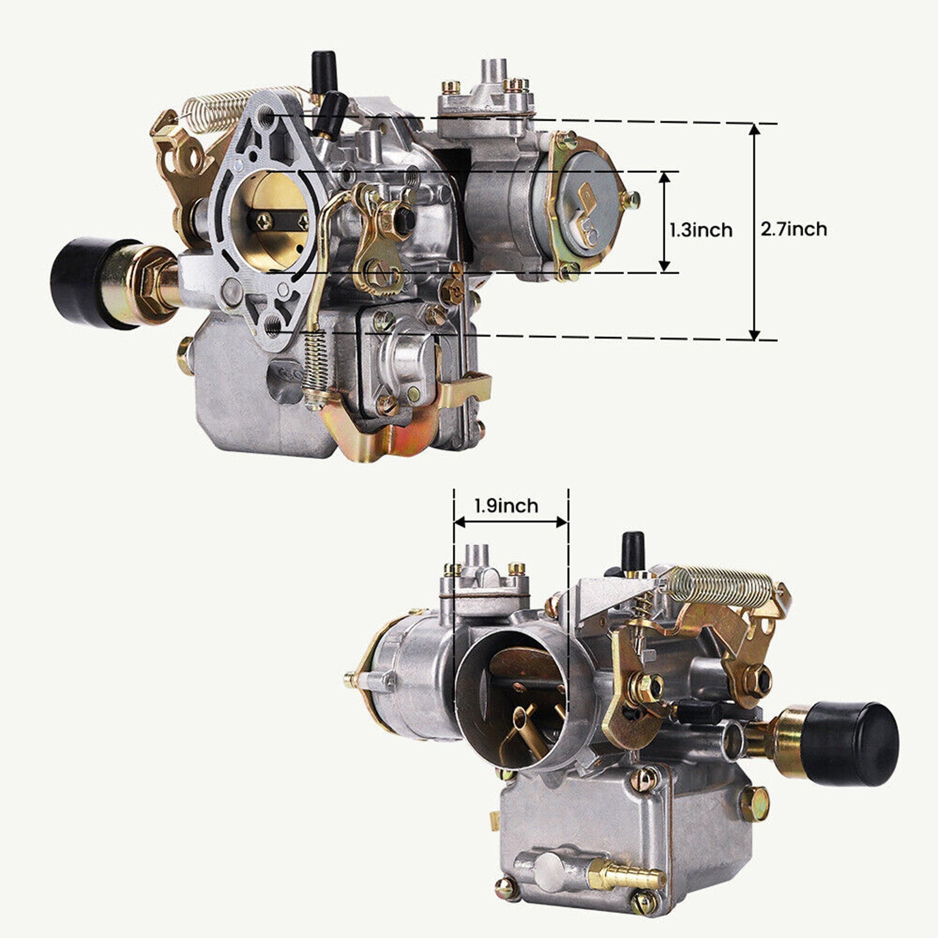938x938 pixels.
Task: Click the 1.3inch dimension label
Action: tap(701, 230)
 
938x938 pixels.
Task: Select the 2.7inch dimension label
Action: tap(794, 229)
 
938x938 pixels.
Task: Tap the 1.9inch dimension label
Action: tap(506, 505)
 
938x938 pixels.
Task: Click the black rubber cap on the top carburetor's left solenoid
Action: tap(82, 282)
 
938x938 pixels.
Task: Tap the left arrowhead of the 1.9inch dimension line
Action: tap(460, 522)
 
